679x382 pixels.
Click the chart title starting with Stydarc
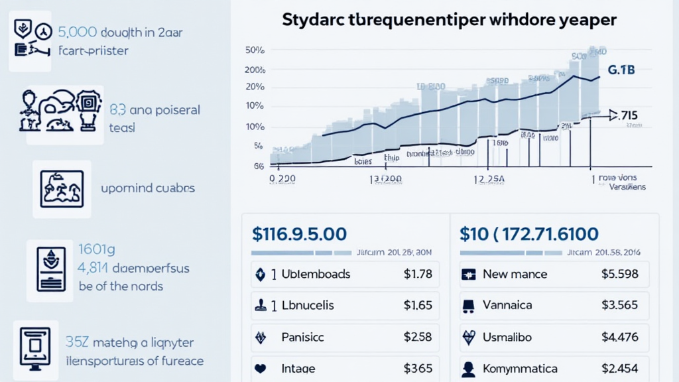(x=449, y=19)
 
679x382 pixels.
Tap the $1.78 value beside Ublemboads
(x=418, y=274)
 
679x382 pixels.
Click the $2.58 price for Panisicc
(x=418, y=337)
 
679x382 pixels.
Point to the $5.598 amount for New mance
(x=619, y=274)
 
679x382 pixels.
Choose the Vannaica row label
(x=507, y=306)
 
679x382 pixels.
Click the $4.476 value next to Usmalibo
(x=619, y=337)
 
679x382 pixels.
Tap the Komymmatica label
(x=521, y=368)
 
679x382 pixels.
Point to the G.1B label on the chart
(x=621, y=70)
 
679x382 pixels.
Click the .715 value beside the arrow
(x=627, y=116)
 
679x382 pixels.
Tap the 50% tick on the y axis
(x=255, y=50)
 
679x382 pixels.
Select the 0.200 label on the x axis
(x=282, y=178)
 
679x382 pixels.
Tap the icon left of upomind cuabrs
(x=62, y=189)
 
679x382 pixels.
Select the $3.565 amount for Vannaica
(x=619, y=306)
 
